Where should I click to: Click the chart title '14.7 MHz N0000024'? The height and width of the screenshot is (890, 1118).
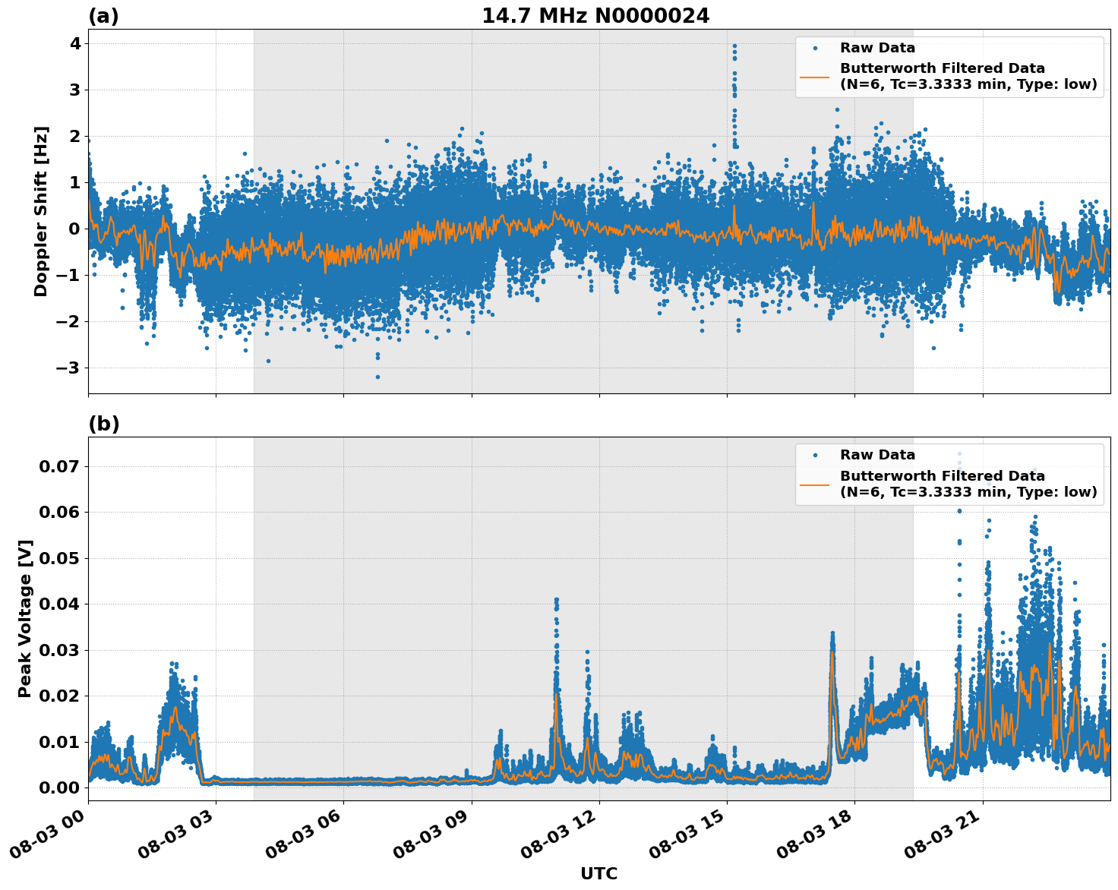[595, 16]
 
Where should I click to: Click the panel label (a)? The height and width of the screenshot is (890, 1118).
[103, 16]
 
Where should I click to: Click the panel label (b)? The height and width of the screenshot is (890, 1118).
[103, 424]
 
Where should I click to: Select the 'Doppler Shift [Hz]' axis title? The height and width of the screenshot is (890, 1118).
[41, 211]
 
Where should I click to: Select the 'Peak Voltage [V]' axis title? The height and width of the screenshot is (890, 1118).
[25, 618]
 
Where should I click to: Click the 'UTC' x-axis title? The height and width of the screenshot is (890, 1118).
[598, 873]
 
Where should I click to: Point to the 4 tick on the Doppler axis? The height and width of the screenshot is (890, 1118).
[74, 44]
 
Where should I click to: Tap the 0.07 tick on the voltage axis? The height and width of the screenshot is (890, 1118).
[59, 466]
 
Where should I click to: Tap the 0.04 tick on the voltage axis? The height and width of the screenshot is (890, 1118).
[59, 604]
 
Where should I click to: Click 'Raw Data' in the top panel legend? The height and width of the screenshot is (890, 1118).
[877, 48]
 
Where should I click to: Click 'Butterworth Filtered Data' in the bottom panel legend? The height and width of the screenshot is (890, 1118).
[942, 476]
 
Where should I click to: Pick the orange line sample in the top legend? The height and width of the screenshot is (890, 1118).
[814, 77]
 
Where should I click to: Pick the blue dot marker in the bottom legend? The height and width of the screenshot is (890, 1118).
[814, 456]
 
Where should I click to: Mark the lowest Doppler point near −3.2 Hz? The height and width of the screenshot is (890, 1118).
[377, 377]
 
